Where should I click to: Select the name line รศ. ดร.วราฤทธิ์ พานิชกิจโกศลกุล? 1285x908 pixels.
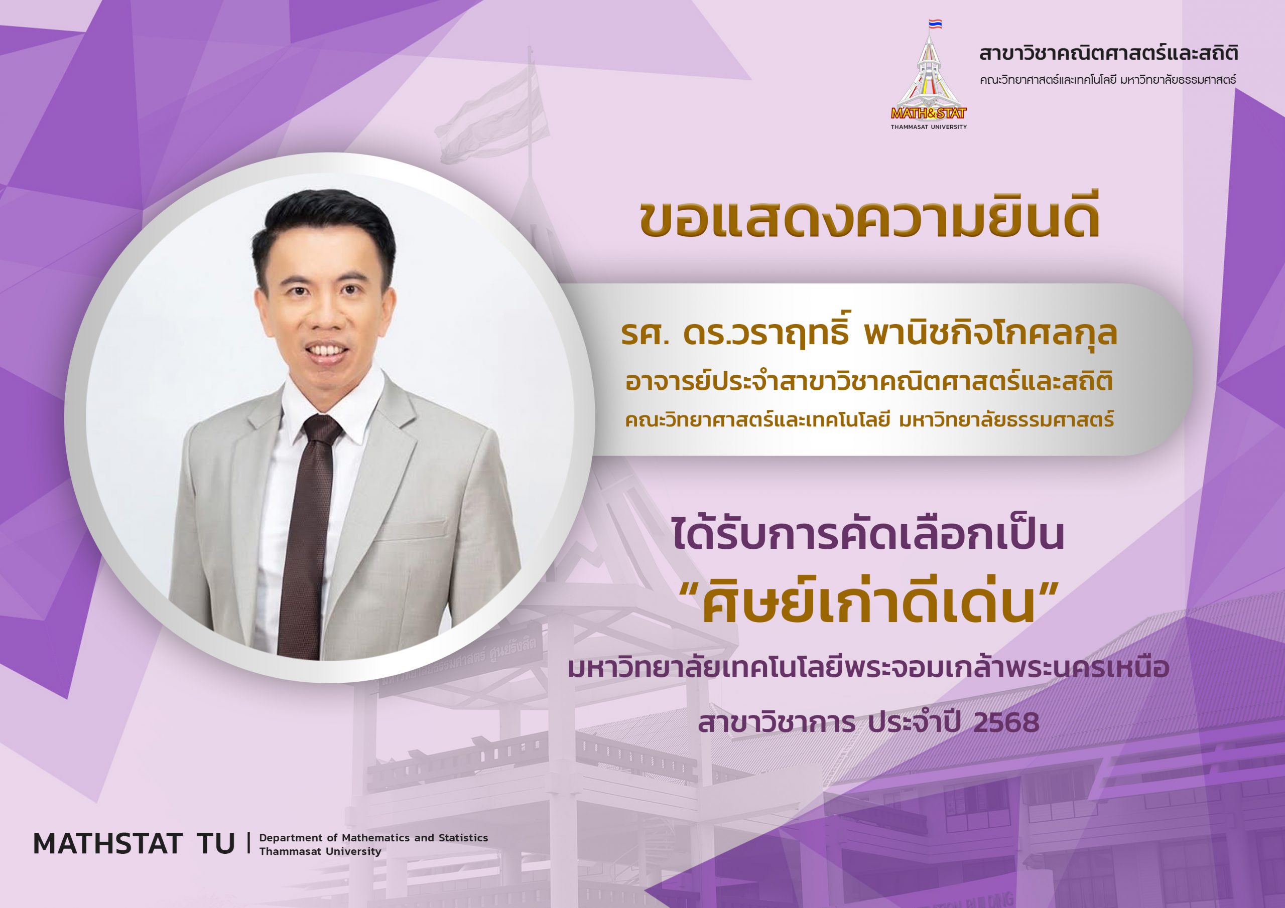point(868,335)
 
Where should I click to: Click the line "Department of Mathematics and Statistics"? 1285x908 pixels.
point(373,837)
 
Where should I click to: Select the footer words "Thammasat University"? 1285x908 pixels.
point(320,851)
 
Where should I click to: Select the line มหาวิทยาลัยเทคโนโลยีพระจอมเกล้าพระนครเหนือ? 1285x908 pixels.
point(868,670)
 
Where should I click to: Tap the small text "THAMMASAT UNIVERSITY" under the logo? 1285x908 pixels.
point(929,127)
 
